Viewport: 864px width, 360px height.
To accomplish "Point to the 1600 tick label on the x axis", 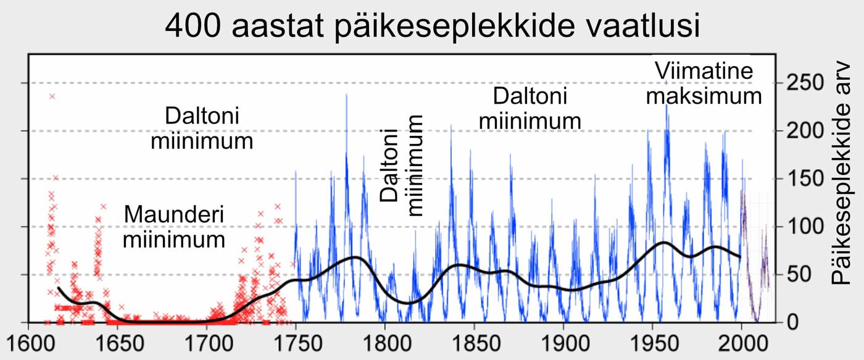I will pos(28,341).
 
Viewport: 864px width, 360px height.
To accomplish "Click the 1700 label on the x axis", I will pos(207,341).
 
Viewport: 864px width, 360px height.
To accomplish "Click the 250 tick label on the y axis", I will pos(803,83).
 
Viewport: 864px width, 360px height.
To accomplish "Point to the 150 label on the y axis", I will pos(803,179).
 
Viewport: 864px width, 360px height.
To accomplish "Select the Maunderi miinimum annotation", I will pos(173,227).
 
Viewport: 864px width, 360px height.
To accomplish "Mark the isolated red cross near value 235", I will pos(52,96).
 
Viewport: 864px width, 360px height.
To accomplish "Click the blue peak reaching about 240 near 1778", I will pos(346,95).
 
